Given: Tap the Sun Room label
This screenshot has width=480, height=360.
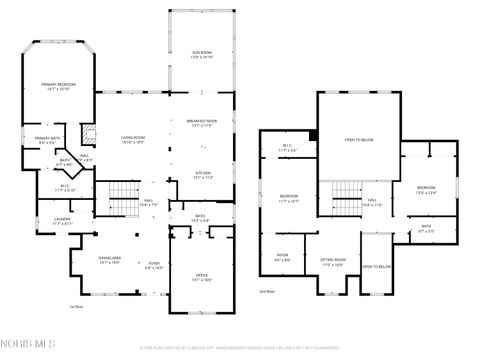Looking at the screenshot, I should click(x=203, y=54).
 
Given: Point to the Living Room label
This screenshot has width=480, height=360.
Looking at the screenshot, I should click(x=134, y=139).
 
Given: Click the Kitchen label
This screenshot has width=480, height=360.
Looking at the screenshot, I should click(x=203, y=174).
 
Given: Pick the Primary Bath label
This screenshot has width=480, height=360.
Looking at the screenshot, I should click(x=47, y=140).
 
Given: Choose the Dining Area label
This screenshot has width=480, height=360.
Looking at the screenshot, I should click(x=110, y=262).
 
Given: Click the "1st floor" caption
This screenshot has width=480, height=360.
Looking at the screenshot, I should click(x=75, y=307).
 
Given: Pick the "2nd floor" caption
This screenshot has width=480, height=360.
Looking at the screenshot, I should click(x=266, y=291).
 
